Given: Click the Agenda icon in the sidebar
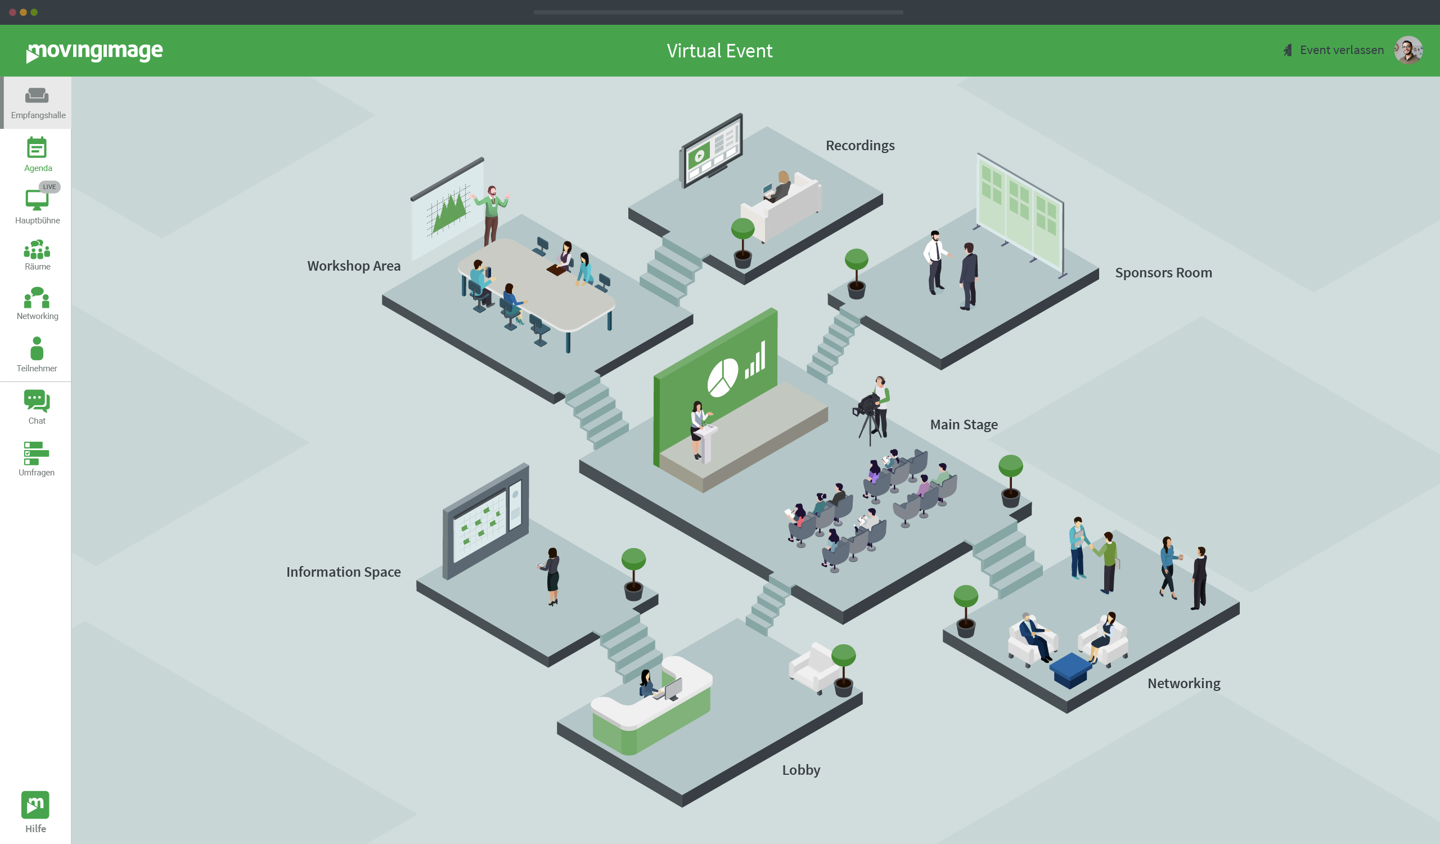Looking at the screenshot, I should [37, 149].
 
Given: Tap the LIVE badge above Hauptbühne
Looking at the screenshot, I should [49, 187].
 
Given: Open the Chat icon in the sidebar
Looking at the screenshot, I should [37, 401].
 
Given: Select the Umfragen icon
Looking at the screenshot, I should [37, 453].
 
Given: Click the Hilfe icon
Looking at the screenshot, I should [35, 805].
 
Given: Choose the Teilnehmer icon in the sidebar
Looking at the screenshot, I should [37, 348].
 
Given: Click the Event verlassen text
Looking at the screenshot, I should [1341, 50].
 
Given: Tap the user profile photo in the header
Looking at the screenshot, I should [1407, 50].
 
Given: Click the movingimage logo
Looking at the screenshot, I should [95, 51].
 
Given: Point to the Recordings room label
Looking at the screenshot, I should [860, 146].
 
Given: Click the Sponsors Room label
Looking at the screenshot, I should [1163, 273].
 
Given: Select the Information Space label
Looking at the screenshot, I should [344, 572].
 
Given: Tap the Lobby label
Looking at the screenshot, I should [800, 770].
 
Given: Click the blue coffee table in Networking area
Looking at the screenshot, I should [1071, 670].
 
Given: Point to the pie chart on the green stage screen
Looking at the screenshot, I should [722, 378].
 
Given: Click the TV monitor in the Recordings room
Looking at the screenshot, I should [712, 150].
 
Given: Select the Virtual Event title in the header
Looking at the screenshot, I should [719, 51].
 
